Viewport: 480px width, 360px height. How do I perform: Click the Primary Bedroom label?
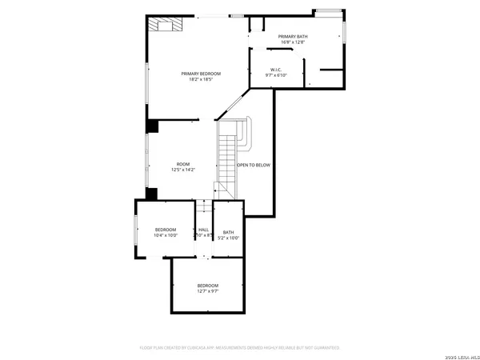pyautogui.click(x=201, y=74)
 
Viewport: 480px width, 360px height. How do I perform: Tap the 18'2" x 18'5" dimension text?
pyautogui.click(x=201, y=79)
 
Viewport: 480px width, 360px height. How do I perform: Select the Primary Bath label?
pyautogui.click(x=293, y=37)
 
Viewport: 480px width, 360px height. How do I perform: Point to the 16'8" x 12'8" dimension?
pyautogui.click(x=293, y=42)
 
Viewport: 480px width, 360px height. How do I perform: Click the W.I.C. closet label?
pyautogui.click(x=276, y=70)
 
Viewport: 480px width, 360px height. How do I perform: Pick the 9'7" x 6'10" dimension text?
pyautogui.click(x=276, y=75)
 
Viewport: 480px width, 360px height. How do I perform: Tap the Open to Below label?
pyautogui.click(x=254, y=165)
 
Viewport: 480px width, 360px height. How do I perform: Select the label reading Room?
pyautogui.click(x=183, y=164)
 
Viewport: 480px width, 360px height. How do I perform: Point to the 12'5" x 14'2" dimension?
pyautogui.click(x=183, y=170)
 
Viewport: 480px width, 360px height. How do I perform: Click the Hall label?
pyautogui.click(x=203, y=231)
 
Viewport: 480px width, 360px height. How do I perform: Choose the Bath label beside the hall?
pyautogui.click(x=229, y=232)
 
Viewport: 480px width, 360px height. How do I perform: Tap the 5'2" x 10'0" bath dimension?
pyautogui.click(x=229, y=238)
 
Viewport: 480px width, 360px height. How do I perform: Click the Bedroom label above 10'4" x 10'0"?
pyautogui.click(x=166, y=230)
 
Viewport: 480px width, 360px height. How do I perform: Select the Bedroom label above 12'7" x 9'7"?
pyautogui.click(x=208, y=286)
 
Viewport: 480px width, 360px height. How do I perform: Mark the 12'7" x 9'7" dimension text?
pyautogui.click(x=208, y=291)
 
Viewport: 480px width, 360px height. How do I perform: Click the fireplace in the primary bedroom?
pyautogui.click(x=169, y=25)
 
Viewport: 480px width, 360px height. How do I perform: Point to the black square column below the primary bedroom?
pyautogui.click(x=152, y=126)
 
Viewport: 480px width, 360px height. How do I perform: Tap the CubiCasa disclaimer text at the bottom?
pyautogui.click(x=240, y=348)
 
